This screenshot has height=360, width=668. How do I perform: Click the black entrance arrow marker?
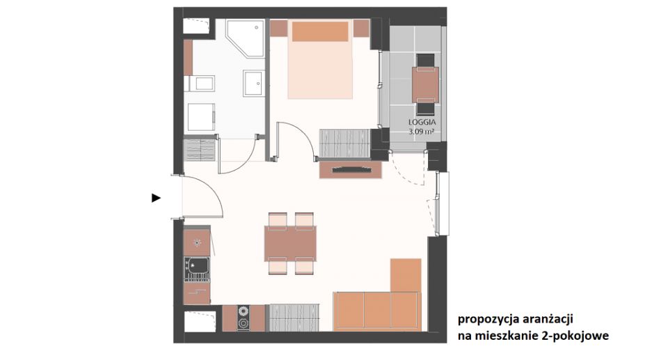(x=157, y=198)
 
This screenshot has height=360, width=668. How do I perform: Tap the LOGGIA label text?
(x=422, y=123)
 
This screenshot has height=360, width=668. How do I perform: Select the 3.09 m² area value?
(x=422, y=132)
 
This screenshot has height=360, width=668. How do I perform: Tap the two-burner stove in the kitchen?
(x=244, y=318)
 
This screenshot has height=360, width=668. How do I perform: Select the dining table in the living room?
(x=290, y=244)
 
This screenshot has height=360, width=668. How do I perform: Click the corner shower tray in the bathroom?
(x=245, y=38)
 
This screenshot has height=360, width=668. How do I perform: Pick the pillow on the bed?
(x=320, y=31)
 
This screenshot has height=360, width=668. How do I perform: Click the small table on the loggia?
(x=426, y=84)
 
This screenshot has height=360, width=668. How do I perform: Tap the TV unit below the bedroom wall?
(x=350, y=169)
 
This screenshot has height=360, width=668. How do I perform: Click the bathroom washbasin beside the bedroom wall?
(x=254, y=83)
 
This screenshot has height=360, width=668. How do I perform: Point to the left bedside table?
(x=279, y=28)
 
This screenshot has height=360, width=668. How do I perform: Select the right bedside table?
(x=362, y=28)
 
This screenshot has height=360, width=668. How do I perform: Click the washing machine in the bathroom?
(x=201, y=117)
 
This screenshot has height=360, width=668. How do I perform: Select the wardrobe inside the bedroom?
(x=344, y=143)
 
